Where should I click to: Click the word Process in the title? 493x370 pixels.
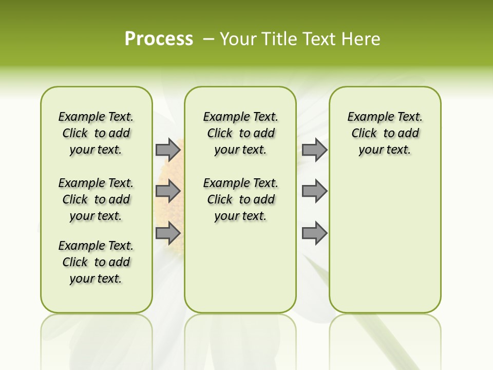(159, 39)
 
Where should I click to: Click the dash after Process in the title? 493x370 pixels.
(208, 39)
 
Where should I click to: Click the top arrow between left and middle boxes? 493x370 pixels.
(168, 150)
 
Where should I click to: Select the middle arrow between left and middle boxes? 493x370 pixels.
(168, 191)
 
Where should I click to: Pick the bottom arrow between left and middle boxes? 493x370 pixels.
(168, 233)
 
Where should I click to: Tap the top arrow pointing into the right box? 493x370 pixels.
(314, 150)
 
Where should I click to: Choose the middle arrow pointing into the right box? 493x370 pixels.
(314, 191)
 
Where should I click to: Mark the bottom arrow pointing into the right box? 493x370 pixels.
(314, 233)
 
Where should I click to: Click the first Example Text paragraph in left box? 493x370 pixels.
(96, 133)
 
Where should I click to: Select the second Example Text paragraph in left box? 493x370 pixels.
(96, 199)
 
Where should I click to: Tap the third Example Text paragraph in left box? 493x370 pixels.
(96, 262)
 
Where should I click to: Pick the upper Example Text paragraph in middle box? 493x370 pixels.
(240, 133)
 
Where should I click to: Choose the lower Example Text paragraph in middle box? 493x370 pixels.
(240, 199)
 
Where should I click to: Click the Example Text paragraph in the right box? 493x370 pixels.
(385, 133)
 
